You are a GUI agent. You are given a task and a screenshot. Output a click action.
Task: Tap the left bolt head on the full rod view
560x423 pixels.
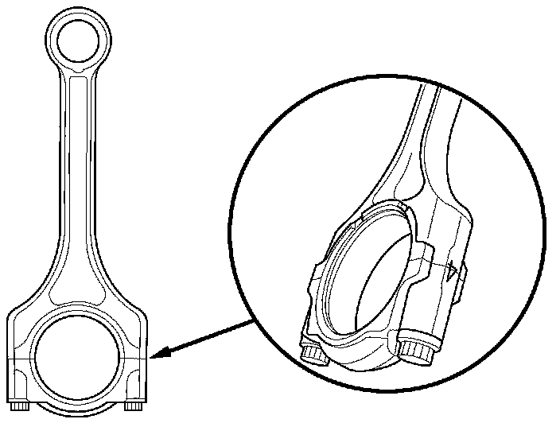pos(21,406)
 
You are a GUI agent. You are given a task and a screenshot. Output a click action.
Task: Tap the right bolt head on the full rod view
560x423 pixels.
pos(133,407)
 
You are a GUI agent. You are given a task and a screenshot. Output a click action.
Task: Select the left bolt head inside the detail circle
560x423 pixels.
pos(313,353)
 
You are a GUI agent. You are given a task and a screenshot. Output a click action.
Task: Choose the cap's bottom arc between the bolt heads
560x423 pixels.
pos(78,409)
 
